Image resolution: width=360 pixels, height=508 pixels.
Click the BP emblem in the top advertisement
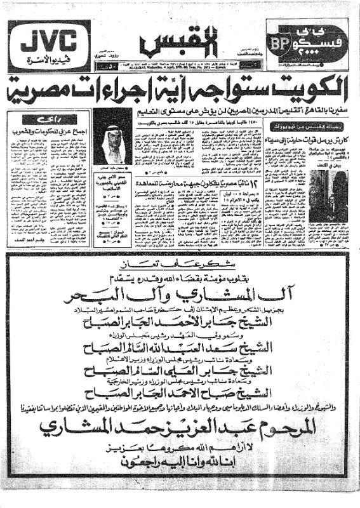pos(278,43)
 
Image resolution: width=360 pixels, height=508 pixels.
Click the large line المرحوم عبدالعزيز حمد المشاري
pos(180,429)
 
